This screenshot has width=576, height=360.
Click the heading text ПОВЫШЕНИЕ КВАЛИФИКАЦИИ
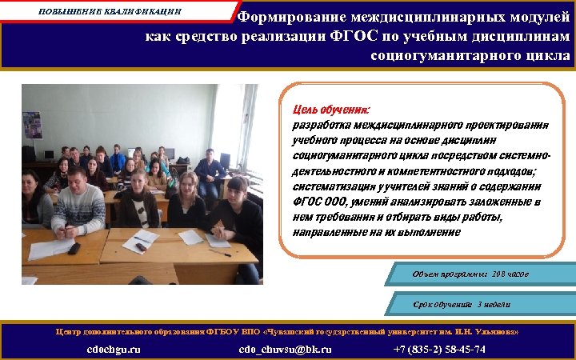click(110, 12)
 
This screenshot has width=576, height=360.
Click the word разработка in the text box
click(322, 125)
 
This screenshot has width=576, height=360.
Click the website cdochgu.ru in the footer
click(114, 349)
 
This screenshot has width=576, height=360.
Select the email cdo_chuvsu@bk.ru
click(285, 349)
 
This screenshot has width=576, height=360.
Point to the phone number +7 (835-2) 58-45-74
click(439, 349)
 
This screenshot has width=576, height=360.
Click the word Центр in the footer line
click(68, 331)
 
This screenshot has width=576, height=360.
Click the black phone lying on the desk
click(74, 249)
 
